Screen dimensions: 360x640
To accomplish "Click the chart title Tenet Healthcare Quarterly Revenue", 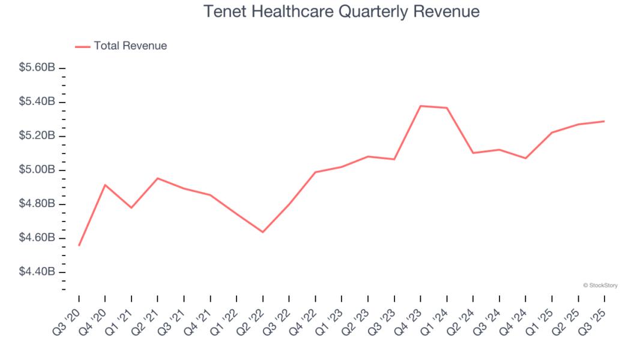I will [x=341, y=11].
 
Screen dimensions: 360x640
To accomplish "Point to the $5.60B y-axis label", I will [x=37, y=68].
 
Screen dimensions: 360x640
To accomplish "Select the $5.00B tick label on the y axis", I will [x=37, y=170].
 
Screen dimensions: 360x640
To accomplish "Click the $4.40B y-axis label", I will [x=37, y=272].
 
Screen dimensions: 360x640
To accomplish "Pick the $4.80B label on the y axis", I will [x=37, y=205].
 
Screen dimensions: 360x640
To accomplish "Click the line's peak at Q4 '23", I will [x=420, y=106].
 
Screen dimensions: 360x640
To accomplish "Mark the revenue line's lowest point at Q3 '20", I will [x=79, y=245].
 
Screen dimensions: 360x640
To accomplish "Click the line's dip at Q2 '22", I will [x=263, y=232].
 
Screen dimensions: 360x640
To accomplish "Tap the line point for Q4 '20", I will [x=105, y=185].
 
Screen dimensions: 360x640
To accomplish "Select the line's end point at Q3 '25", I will [x=604, y=121].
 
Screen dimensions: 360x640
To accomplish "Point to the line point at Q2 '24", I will [x=473, y=153].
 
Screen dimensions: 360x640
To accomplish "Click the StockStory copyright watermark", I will [x=600, y=286].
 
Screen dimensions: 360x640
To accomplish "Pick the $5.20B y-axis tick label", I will [x=37, y=136].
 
